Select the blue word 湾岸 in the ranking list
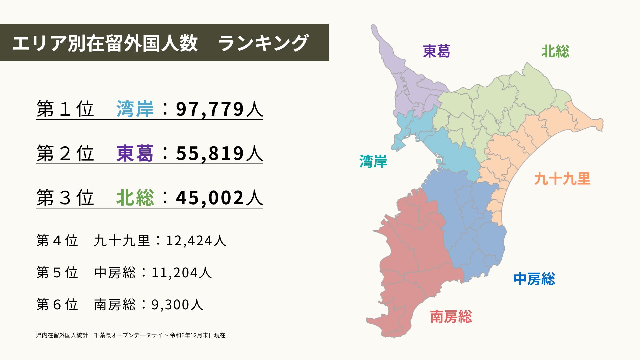[135, 109]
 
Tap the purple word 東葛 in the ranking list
[135, 154]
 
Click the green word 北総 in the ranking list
[135, 198]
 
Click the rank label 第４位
[57, 241]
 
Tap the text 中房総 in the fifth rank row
[115, 273]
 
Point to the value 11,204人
[182, 273]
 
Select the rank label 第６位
[57, 305]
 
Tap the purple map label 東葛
[436, 51]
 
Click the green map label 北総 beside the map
[555, 51]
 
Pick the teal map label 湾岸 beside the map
[373, 162]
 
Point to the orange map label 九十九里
[562, 179]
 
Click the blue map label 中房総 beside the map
[534, 279]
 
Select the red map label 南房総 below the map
[451, 317]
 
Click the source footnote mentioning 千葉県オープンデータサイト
[131, 335]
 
